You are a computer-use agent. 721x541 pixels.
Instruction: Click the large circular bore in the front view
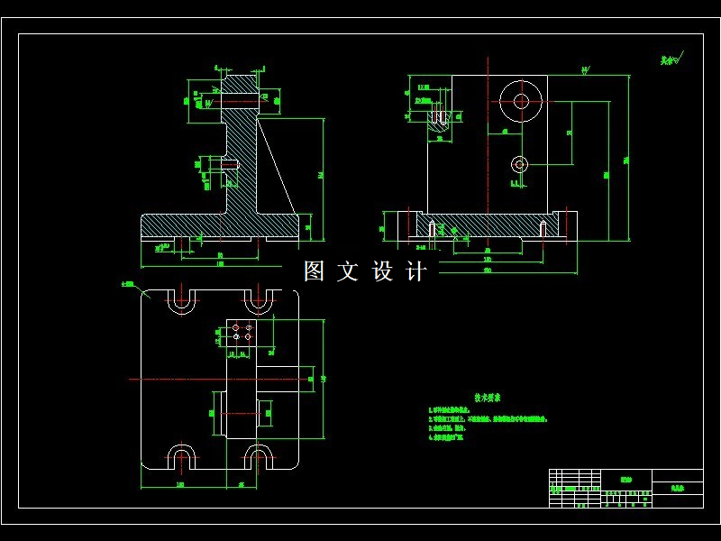(521, 101)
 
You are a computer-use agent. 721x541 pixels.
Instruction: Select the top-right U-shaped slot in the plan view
(259, 301)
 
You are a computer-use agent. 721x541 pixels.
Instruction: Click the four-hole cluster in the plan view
(242, 332)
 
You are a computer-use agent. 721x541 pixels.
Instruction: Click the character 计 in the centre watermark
(416, 271)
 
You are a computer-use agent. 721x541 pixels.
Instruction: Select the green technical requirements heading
(488, 397)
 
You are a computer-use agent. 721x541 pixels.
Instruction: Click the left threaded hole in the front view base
(433, 228)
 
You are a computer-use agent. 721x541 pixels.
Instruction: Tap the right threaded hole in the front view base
(543, 228)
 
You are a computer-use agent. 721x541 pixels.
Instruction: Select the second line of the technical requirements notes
(488, 419)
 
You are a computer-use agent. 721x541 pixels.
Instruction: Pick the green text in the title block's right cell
(677, 488)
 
